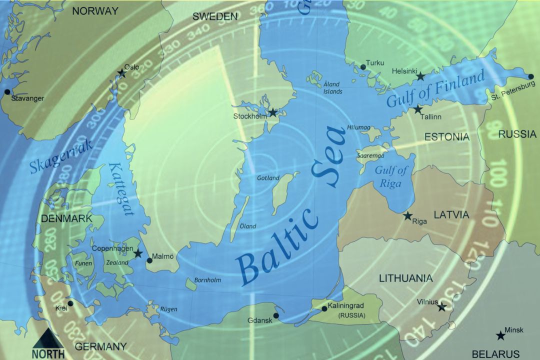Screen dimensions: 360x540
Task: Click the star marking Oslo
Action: [122, 73]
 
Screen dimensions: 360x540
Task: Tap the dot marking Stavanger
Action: [7, 91]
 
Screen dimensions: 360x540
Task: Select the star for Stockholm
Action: [273, 112]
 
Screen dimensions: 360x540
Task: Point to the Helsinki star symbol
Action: [421, 76]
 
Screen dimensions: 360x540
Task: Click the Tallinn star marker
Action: [418, 109]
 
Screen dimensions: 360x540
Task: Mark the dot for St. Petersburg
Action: [530, 77]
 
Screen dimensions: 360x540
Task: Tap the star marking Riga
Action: [408, 216]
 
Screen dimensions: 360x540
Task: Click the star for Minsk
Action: [500, 336]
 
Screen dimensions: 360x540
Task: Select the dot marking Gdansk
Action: [276, 315]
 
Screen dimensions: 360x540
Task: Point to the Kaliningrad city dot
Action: [324, 308]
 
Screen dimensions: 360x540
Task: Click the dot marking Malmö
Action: [149, 260]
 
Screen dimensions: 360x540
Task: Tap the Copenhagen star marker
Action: [138, 253]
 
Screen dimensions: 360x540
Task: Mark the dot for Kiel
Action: [70, 303]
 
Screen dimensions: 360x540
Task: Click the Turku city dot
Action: [363, 66]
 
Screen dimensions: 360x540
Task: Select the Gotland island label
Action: [268, 178]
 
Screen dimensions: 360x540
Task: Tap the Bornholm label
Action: [207, 280]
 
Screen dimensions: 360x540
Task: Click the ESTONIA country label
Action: [446, 136]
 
